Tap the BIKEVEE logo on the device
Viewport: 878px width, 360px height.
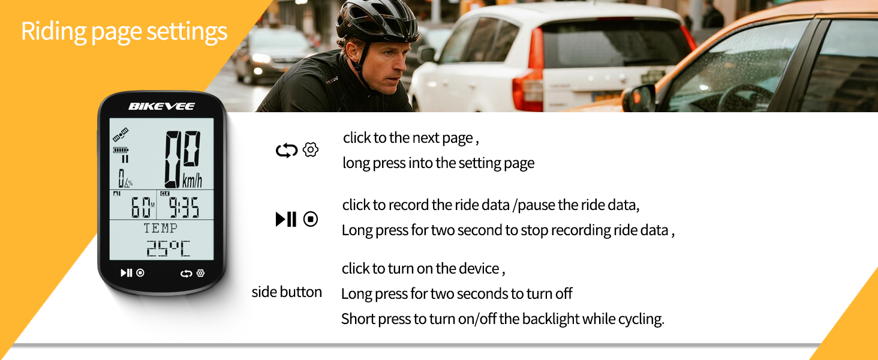(161, 106)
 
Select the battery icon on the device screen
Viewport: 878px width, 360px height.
(121, 150)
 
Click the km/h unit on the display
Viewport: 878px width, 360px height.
(192, 181)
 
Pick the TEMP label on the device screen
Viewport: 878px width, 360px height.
(160, 228)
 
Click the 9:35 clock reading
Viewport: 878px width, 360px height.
(183, 208)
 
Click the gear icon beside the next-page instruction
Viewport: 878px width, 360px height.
(311, 150)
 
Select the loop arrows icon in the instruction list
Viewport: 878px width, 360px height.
(287, 151)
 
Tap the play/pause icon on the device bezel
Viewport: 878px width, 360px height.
(126, 273)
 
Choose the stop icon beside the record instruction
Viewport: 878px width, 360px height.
(311, 220)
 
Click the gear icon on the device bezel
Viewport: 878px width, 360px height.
(200, 273)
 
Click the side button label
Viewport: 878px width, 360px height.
(287, 292)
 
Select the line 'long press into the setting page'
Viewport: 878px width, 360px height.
(438, 163)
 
